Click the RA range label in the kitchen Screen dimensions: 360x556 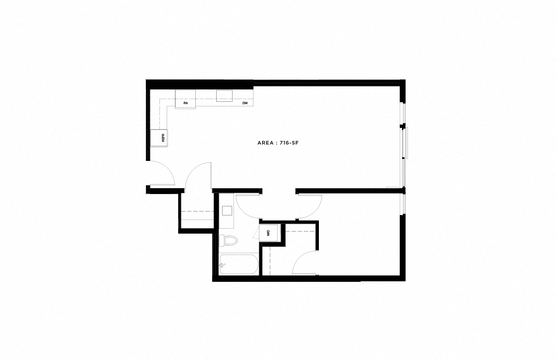click(x=186, y=104)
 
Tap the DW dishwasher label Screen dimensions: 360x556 click(x=245, y=104)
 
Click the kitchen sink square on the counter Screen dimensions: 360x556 click(x=224, y=95)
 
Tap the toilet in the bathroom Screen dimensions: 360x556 click(x=228, y=240)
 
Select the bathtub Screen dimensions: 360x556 click(x=238, y=265)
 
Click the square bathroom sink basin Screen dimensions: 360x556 click(x=227, y=210)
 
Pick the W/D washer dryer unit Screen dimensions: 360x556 click(x=268, y=233)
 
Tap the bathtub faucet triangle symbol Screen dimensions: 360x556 click(x=222, y=265)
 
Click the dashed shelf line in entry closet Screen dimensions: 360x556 click(x=198, y=211)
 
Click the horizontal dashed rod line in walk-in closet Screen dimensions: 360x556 click(x=300, y=231)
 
